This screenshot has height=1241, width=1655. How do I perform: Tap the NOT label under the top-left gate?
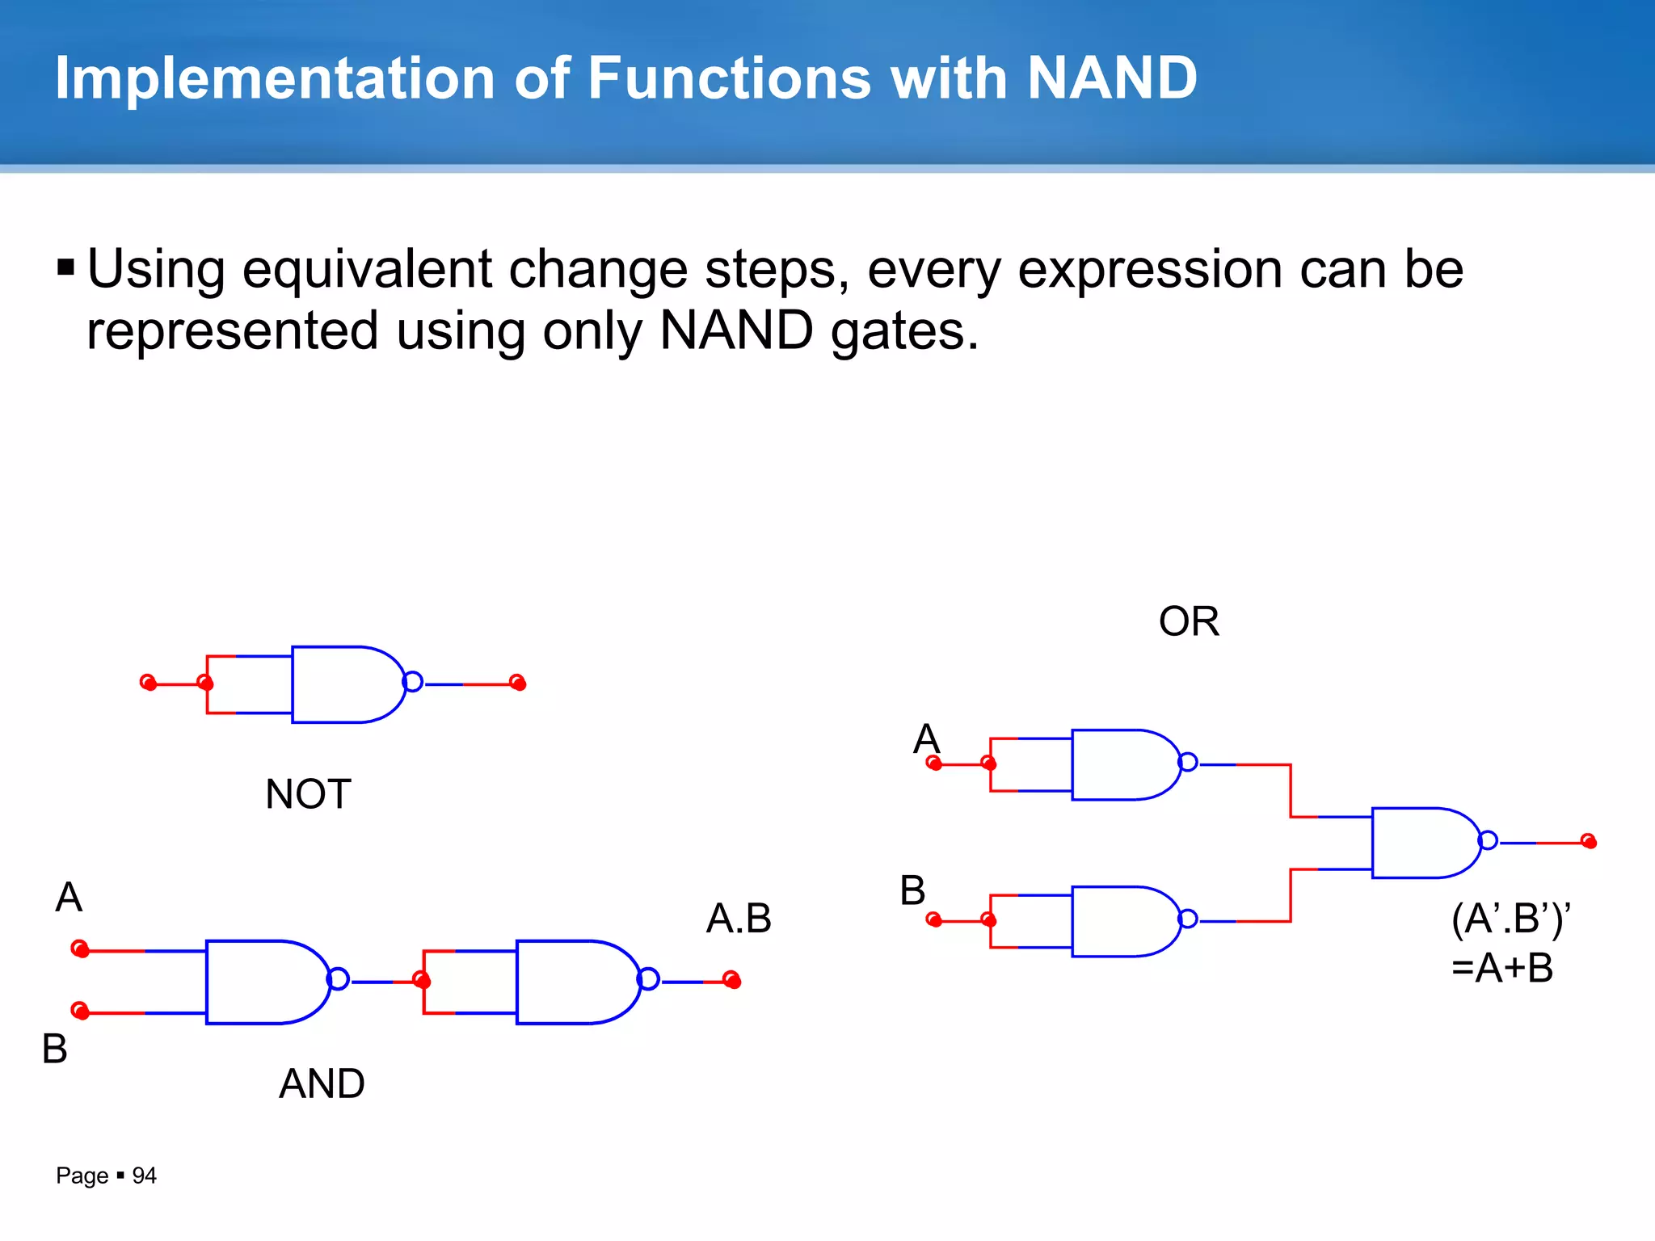click(x=308, y=794)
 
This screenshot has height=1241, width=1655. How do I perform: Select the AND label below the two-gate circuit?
click(x=322, y=1083)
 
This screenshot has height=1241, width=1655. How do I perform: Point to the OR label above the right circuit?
click(x=1188, y=621)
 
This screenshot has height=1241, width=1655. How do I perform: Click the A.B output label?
click(x=739, y=919)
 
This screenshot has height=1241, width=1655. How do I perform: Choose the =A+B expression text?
click(x=1502, y=968)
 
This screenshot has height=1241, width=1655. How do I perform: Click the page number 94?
click(x=144, y=1176)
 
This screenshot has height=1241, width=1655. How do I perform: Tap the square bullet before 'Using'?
click(x=66, y=267)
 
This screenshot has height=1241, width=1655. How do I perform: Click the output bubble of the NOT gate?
click(x=413, y=682)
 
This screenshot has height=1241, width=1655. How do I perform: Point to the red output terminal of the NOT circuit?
click(x=518, y=684)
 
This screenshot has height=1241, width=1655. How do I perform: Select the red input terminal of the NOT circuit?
click(x=148, y=683)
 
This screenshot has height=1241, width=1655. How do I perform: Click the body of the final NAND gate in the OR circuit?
click(x=1422, y=843)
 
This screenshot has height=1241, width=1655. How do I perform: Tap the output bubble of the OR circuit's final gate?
click(x=1488, y=841)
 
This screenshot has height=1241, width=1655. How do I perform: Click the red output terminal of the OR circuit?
click(x=1589, y=842)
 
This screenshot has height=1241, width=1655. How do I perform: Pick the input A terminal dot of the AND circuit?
click(x=79, y=949)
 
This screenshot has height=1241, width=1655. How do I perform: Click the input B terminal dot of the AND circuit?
click(x=79, y=1011)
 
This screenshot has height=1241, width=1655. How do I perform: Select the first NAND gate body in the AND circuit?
click(x=263, y=982)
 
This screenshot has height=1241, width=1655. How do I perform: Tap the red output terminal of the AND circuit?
click(x=732, y=980)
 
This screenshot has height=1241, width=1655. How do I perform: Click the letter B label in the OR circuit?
click(x=912, y=890)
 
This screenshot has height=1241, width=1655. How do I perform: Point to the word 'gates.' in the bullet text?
click(x=905, y=331)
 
